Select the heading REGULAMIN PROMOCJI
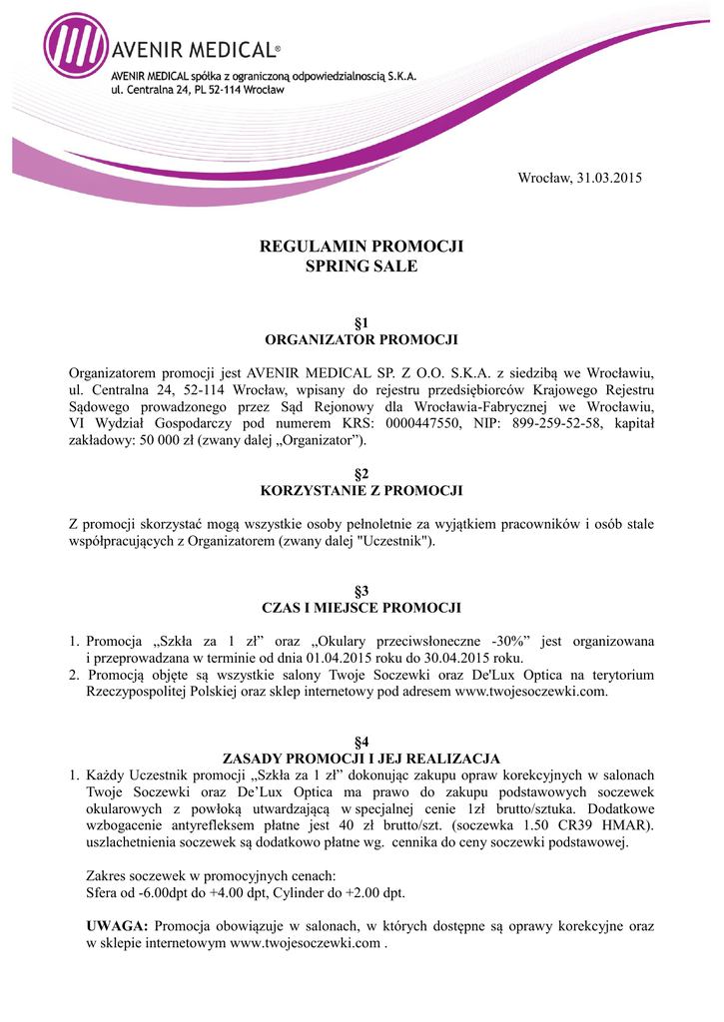[x=362, y=247]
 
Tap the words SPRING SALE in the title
[x=362, y=266]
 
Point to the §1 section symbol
[x=362, y=321]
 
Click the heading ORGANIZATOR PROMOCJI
[x=362, y=339]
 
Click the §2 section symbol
[x=362, y=473]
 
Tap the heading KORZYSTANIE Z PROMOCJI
[x=362, y=490]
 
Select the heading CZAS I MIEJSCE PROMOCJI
[x=362, y=608]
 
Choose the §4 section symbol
[x=362, y=742]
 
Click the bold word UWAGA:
[x=118, y=926]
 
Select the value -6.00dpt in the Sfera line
[x=177, y=893]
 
